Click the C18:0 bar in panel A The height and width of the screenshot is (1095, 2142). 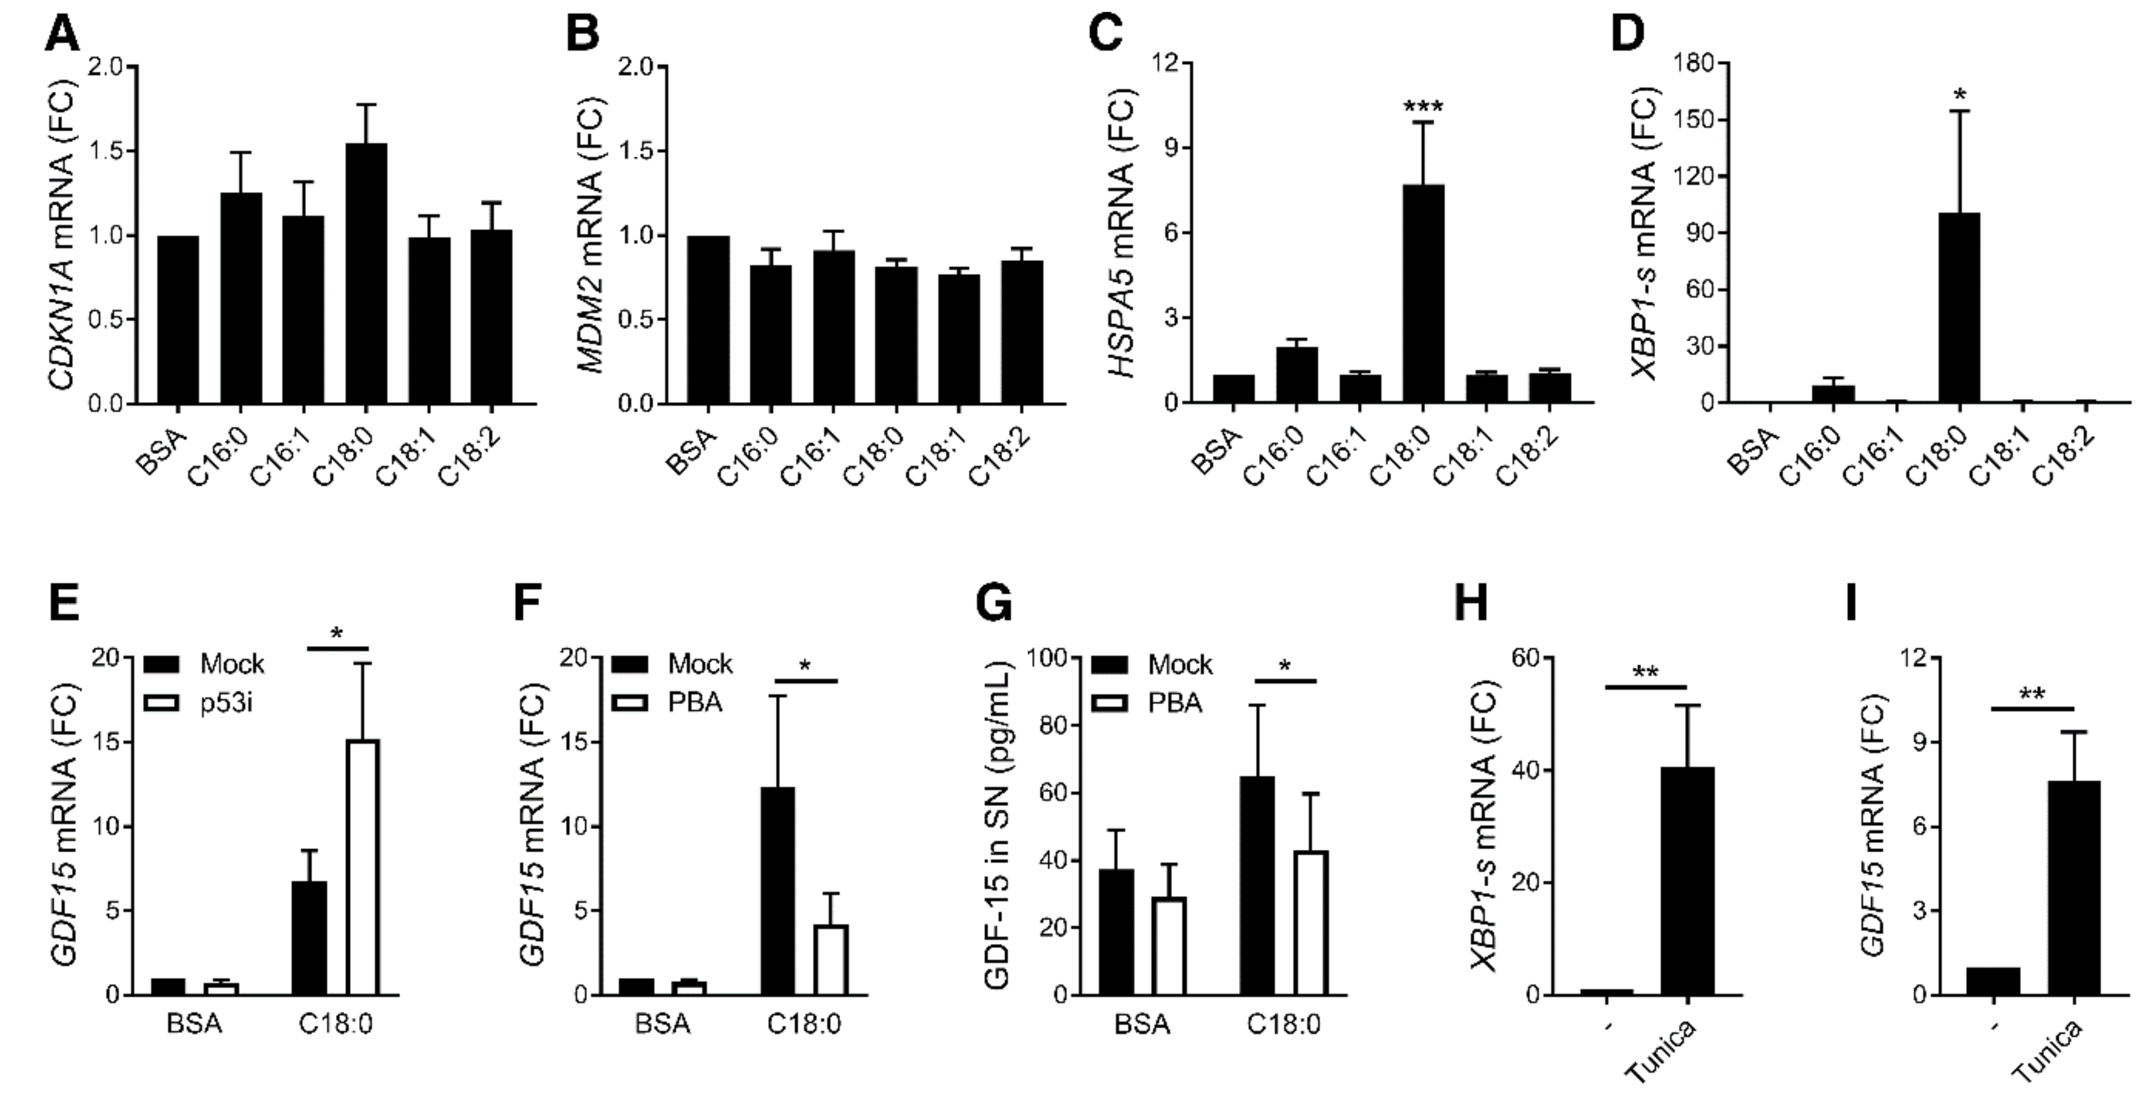coord(366,274)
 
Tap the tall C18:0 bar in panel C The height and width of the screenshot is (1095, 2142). coord(1423,294)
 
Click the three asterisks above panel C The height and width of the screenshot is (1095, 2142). coord(1423,107)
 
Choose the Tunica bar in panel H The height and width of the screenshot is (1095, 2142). coord(1687,881)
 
